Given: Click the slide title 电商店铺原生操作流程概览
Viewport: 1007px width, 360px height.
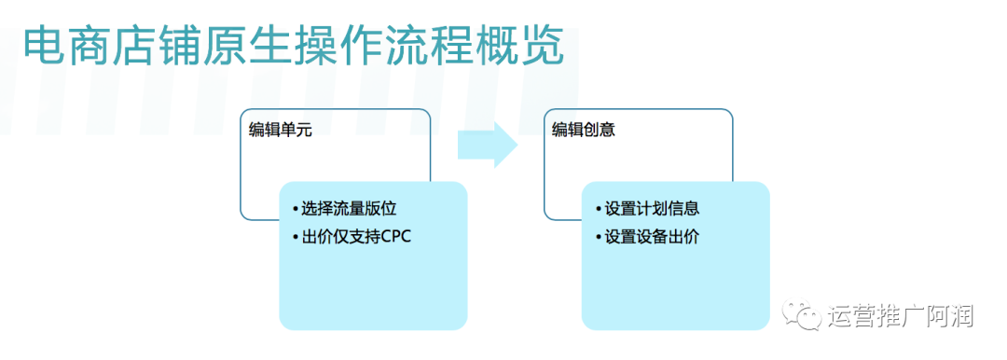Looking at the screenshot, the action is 294,47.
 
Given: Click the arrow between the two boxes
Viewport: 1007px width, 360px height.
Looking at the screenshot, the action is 488,146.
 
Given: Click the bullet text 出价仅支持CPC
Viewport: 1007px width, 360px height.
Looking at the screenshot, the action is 356,237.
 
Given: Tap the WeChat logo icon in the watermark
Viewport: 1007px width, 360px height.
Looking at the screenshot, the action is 801,315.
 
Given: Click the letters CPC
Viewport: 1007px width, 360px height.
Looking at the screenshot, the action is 396,237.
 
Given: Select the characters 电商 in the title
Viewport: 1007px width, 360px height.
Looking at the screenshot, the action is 67,47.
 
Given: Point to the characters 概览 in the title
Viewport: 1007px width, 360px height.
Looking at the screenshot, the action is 520,47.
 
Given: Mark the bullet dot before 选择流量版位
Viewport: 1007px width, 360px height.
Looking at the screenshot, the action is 295,210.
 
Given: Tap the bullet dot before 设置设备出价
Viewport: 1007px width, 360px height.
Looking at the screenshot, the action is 598,238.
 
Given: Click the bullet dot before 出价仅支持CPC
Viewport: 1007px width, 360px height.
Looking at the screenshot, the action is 295,238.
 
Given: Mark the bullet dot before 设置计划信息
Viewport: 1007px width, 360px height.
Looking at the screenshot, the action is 598,210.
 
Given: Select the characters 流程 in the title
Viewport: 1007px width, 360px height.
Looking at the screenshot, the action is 430,47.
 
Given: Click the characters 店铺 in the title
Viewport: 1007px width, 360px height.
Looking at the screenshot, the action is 158,47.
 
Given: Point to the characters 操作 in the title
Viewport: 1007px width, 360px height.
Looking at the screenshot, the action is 339,47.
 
